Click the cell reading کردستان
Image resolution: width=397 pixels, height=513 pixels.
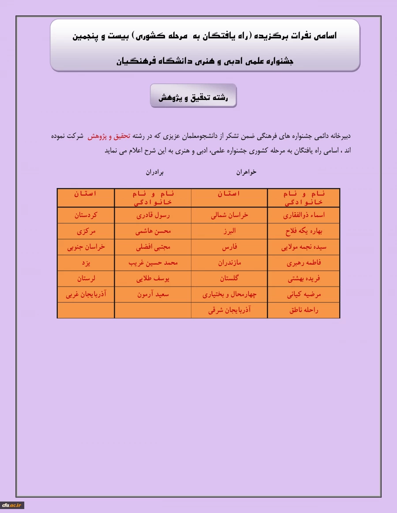(86, 216)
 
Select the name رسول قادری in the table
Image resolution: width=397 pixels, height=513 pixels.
(153, 216)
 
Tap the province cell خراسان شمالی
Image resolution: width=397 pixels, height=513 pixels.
(229, 216)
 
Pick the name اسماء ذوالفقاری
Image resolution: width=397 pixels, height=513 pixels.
(303, 216)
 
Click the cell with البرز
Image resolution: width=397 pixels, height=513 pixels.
(229, 231)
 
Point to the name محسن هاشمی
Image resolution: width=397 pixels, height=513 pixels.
(153, 231)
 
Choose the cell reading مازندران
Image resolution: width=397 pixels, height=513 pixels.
(229, 263)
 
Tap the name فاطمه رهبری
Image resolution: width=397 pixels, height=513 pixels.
(303, 263)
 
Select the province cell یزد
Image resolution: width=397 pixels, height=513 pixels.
(86, 263)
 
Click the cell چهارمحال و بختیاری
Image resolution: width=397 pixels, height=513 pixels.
(229, 295)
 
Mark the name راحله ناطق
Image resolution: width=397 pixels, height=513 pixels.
(303, 310)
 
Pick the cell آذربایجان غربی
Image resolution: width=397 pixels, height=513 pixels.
(86, 295)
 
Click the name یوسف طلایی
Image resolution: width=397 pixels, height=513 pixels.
(153, 279)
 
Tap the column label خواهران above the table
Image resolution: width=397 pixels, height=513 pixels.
(246, 172)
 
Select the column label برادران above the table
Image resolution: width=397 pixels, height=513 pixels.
(154, 172)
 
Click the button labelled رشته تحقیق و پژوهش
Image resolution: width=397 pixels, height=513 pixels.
(193, 96)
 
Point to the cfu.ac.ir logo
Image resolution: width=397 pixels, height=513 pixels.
(12, 505)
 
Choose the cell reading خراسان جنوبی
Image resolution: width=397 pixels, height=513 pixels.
(86, 247)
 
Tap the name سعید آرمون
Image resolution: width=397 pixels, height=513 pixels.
(153, 295)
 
